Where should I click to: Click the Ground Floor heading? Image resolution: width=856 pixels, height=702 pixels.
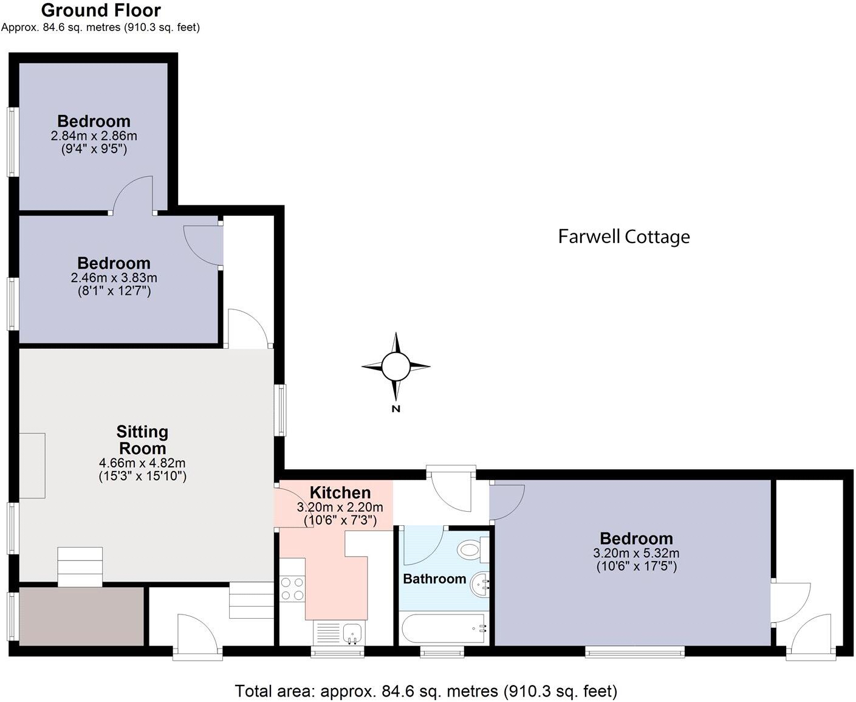click(x=101, y=10)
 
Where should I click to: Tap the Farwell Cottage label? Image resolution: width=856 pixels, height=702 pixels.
click(x=624, y=236)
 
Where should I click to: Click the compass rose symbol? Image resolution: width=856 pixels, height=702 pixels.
click(x=396, y=366)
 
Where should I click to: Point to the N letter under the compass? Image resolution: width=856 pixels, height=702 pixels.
click(x=396, y=409)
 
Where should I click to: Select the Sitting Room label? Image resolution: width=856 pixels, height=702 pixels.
click(x=142, y=440)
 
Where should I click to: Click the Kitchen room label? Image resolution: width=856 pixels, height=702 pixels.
click(x=340, y=492)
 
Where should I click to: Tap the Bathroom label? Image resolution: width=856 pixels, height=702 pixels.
click(x=434, y=579)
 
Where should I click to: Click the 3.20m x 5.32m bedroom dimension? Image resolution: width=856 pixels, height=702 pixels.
click(x=636, y=553)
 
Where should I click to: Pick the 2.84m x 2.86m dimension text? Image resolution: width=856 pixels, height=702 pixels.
click(x=94, y=136)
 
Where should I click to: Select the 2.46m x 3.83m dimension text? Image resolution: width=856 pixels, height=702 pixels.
click(x=114, y=278)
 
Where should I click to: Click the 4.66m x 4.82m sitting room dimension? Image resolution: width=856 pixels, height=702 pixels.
click(x=142, y=463)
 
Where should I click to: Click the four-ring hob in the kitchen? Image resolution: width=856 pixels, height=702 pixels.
click(x=292, y=588)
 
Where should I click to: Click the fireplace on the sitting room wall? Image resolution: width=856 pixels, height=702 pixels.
click(x=32, y=466)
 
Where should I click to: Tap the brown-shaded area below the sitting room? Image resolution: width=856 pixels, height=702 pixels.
click(x=81, y=616)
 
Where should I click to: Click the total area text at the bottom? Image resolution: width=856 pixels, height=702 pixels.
click(x=426, y=691)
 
